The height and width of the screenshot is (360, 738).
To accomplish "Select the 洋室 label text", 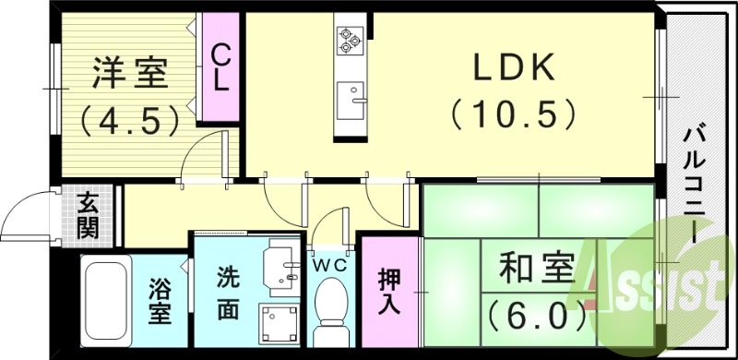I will [x=129, y=74].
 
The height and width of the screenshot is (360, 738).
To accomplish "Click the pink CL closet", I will [x=220, y=66].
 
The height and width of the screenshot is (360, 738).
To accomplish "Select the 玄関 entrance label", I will [x=88, y=214].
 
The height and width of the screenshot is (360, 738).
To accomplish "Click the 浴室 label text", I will [x=160, y=301].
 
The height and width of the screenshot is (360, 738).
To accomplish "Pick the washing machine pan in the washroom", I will [x=279, y=325].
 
